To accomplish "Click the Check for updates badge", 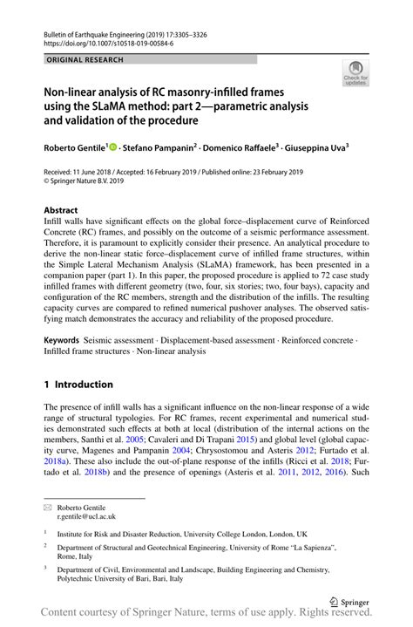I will pos(355,75).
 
